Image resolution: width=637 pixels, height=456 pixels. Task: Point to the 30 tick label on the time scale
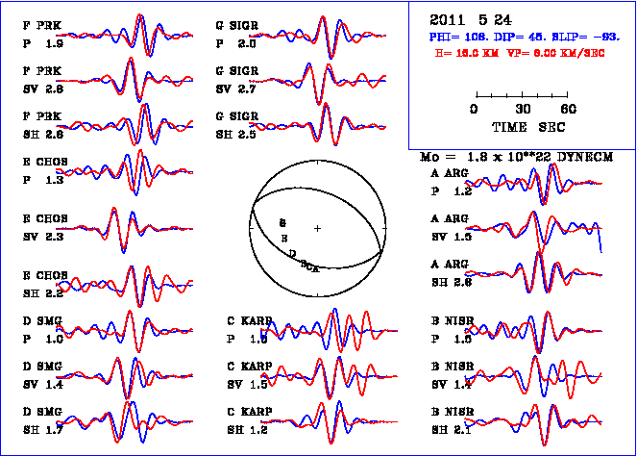pyautogui.click(x=524, y=109)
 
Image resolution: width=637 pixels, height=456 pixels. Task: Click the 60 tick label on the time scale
pyautogui.click(x=569, y=109)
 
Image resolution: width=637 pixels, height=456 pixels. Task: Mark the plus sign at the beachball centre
pyautogui.click(x=317, y=227)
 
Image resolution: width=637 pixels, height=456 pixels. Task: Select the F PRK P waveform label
pyautogui.click(x=42, y=36)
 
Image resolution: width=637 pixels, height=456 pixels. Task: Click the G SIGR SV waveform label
pyautogui.click(x=236, y=80)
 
